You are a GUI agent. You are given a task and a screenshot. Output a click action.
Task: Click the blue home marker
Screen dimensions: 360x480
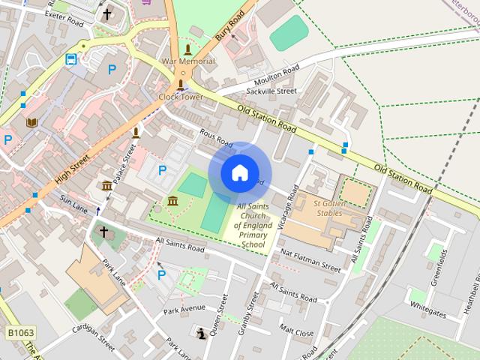239,172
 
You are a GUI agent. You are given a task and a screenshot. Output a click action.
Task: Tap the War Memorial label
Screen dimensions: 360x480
187,61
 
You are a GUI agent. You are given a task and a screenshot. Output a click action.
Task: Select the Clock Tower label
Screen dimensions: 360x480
180,97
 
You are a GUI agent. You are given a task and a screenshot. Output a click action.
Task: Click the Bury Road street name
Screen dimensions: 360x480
232,25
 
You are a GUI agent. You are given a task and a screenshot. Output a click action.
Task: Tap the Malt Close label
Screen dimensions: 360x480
296,328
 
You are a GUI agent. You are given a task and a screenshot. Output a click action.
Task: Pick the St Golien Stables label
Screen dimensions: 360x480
337,208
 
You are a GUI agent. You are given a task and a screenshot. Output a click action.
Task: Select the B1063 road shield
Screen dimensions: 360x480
20,332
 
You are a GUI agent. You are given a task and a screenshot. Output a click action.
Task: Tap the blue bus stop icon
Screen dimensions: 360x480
71,59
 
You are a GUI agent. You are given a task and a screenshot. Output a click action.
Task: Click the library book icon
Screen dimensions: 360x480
31,121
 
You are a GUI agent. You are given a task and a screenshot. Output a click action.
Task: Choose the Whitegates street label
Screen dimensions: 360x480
428,308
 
